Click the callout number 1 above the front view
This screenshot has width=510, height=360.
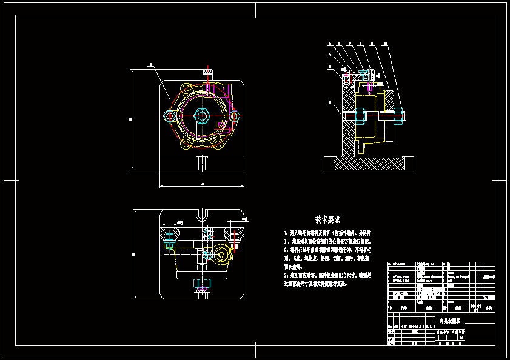pyautogui.click(x=150, y=64)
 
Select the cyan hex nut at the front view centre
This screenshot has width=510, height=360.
pyautogui.click(x=202, y=115)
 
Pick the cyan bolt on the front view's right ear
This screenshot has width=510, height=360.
pyautogui.click(x=234, y=115)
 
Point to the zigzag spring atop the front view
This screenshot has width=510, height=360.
pyautogui.click(x=208, y=73)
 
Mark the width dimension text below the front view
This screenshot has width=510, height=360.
pyautogui.click(x=201, y=184)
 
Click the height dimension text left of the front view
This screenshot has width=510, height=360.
pyautogui.click(x=130, y=119)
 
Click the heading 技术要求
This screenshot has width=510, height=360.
pyautogui.click(x=327, y=219)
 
